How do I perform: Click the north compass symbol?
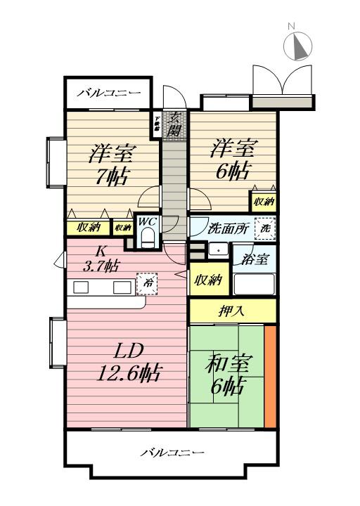click(x=299, y=46)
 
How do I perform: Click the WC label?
click(x=147, y=221)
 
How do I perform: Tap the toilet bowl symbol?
click(x=147, y=239)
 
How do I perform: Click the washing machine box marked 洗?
click(x=265, y=227)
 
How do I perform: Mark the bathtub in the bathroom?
click(x=254, y=285)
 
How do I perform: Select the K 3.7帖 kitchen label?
click(x=102, y=259)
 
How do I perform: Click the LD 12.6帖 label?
click(x=127, y=361)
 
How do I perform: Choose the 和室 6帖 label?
click(x=228, y=373)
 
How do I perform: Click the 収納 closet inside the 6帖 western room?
click(x=263, y=202)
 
